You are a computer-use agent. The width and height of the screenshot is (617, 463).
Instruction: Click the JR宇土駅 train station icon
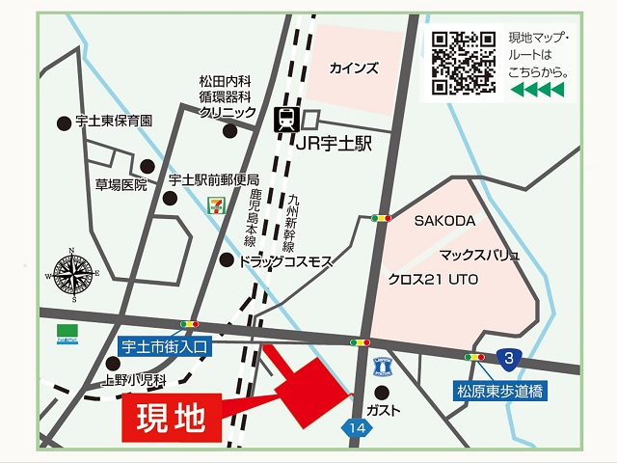coord(286,120)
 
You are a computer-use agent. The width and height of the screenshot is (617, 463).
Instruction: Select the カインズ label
coord(354,68)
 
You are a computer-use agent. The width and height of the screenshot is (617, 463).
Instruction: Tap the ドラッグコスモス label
coord(286,260)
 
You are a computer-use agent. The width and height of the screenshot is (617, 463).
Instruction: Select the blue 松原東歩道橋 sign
coord(496,391)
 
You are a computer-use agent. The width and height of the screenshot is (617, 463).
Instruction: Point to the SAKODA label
coord(445,221)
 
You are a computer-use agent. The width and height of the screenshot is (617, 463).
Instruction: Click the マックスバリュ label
coord(479,256)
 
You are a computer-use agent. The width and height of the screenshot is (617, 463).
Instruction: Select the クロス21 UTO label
coord(434,279)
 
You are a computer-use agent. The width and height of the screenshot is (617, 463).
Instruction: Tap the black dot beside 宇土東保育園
coord(64,123)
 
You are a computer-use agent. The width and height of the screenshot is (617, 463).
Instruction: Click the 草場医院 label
coord(121,184)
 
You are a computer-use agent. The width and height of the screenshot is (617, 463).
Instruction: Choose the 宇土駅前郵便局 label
coord(214,180)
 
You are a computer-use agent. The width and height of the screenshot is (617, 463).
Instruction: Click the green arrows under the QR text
coord(537,90)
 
